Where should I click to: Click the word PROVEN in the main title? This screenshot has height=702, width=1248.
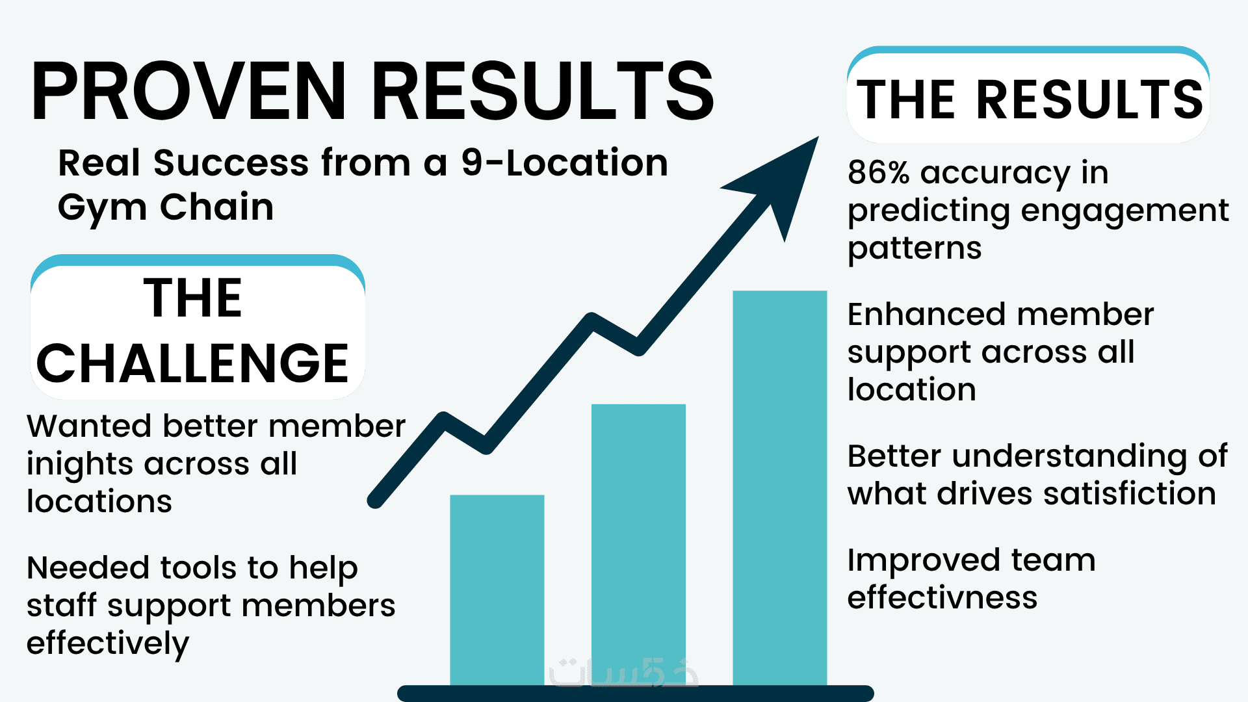pos(188,91)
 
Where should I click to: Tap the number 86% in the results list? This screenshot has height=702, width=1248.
pos(878,173)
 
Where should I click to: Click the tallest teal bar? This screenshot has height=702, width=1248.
pos(779,487)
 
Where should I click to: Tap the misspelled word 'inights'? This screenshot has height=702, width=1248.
pos(79,464)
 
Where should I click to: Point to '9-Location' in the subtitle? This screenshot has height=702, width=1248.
pos(564,162)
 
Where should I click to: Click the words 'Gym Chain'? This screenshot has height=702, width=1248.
pos(166,208)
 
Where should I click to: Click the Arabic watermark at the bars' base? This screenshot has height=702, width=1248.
pos(623,673)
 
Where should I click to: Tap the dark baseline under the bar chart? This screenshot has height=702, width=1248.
pos(635,693)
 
